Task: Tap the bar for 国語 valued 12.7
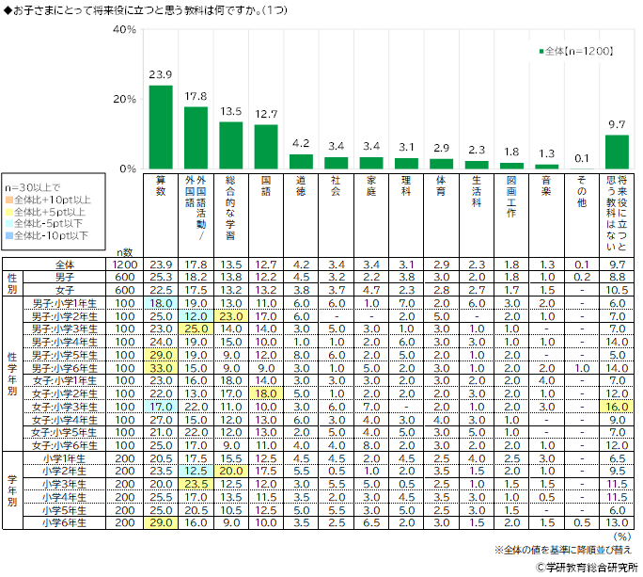(266, 147)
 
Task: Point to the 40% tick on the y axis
(124, 30)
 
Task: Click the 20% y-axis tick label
(124, 100)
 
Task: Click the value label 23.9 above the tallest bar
(161, 74)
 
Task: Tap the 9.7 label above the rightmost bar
(616, 124)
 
